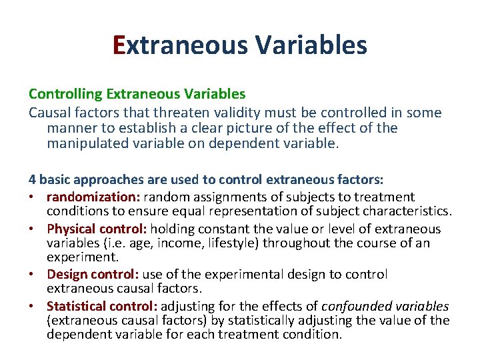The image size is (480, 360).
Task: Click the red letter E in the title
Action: (x=119, y=45)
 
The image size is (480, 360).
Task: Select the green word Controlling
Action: (x=59, y=95)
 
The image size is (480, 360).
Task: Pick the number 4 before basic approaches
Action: (x=32, y=179)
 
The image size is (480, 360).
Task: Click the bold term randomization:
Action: (x=93, y=197)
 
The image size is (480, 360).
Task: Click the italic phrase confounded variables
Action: (x=385, y=306)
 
